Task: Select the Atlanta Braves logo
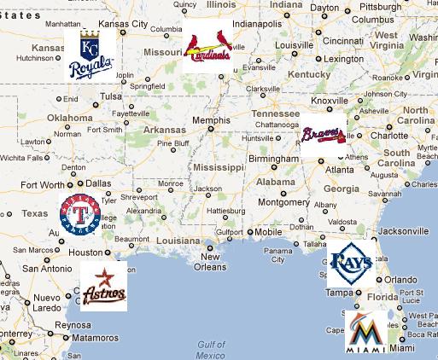point(323,135)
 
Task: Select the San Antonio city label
point(46,268)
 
